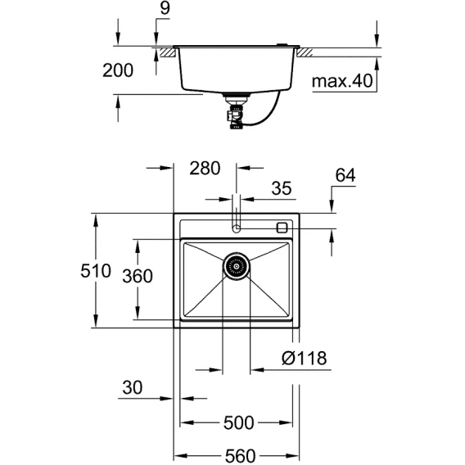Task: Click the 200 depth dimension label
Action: click(x=118, y=70)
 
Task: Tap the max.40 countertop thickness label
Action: click(x=342, y=81)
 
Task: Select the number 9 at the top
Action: click(x=165, y=8)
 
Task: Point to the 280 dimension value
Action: click(x=205, y=168)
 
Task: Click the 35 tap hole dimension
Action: click(x=282, y=188)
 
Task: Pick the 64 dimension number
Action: click(x=345, y=175)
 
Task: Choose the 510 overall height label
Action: click(x=96, y=271)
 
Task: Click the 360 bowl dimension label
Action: click(x=138, y=276)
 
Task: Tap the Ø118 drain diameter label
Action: click(x=304, y=358)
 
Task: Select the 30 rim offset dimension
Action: click(x=133, y=387)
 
